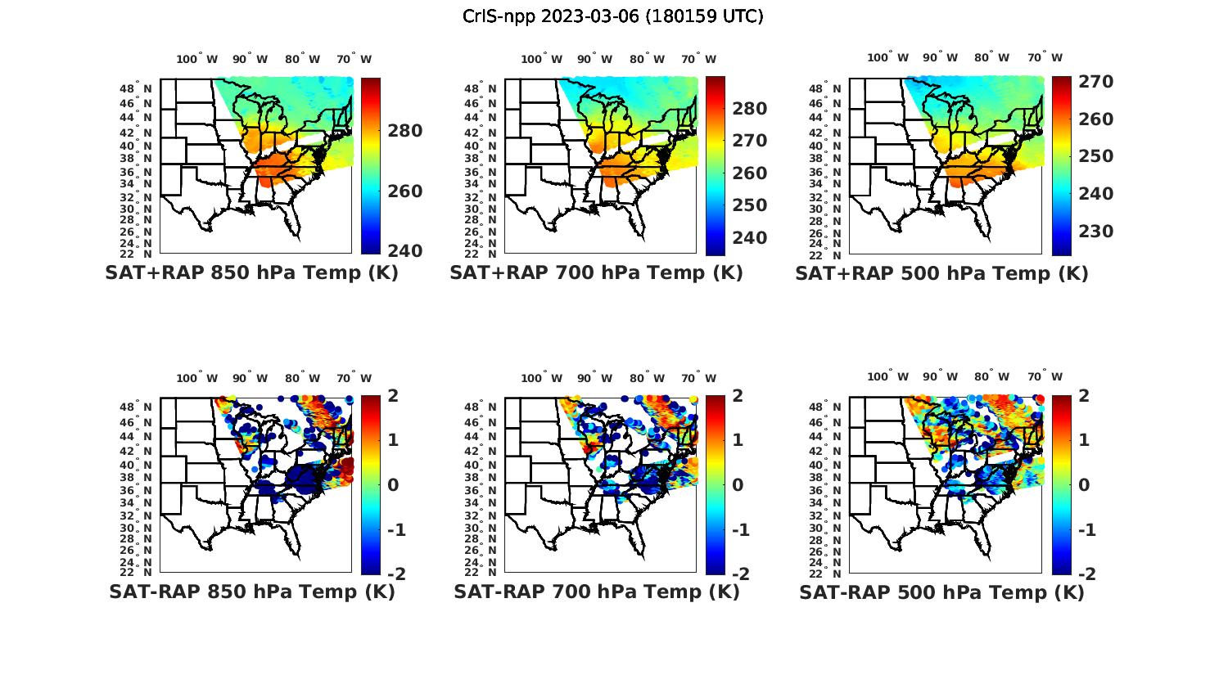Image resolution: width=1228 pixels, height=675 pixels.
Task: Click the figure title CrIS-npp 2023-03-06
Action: coord(612,16)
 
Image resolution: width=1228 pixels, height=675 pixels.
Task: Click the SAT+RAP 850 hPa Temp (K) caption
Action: coord(251,273)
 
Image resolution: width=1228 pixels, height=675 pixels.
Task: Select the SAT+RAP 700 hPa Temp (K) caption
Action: coord(596,273)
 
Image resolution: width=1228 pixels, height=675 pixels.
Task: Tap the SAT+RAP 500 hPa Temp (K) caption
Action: coord(941,273)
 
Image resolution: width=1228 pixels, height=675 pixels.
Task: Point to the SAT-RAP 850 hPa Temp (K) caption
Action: coord(251,592)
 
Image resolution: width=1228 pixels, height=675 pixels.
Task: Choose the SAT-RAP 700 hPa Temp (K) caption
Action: coord(596,592)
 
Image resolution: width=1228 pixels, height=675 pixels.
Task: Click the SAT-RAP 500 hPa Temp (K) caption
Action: coord(941,592)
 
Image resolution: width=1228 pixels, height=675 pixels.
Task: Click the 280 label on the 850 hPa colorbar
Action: coord(405,131)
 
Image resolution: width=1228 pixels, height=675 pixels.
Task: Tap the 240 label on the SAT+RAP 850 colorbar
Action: coord(405,250)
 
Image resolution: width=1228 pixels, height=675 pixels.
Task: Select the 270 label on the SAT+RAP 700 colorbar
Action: coord(750,141)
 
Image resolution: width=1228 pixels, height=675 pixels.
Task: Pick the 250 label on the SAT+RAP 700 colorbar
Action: coord(750,205)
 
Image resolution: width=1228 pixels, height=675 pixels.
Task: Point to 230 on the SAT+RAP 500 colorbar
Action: coord(1095,232)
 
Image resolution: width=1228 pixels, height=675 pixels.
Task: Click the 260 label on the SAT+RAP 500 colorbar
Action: coord(1095,119)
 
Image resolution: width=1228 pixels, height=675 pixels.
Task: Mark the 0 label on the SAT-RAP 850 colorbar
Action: coord(393,484)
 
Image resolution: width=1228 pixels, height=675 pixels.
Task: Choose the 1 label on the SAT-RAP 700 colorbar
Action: coord(738,440)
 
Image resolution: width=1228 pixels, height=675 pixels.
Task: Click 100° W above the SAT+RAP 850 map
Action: coord(197,59)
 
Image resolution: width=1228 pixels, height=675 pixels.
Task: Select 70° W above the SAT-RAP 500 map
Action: coord(1045,377)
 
